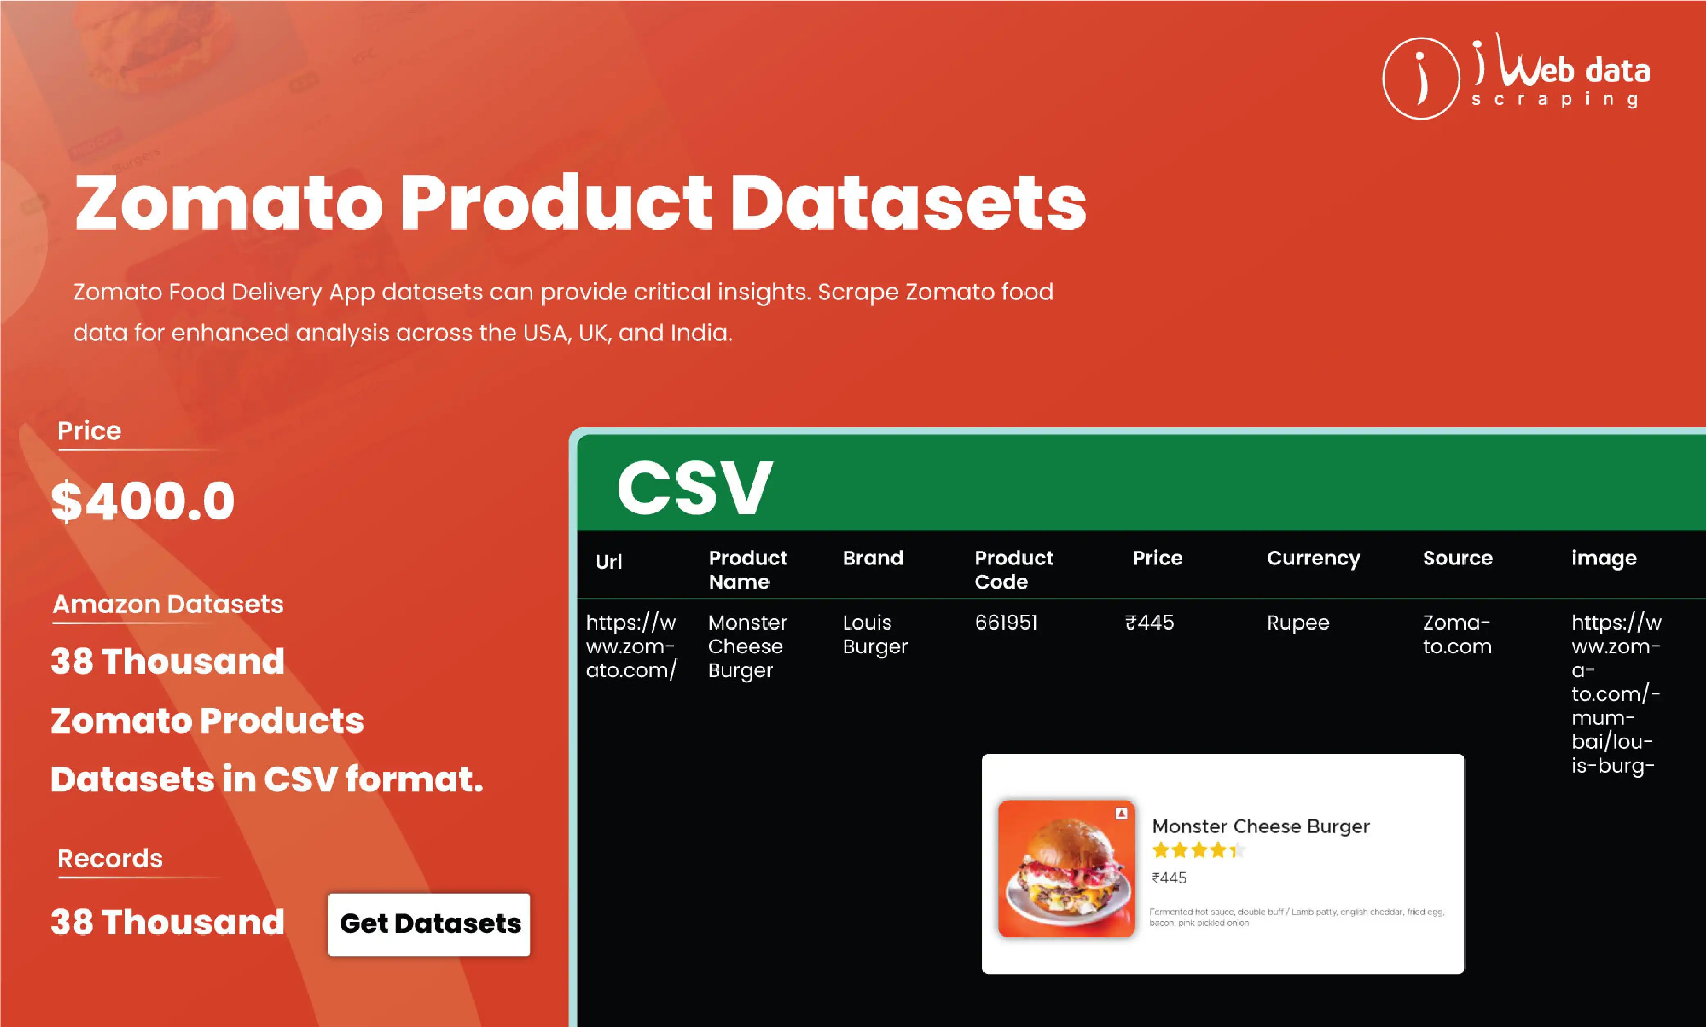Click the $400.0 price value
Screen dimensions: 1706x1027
pyautogui.click(x=143, y=501)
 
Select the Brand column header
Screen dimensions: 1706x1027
pyautogui.click(x=873, y=558)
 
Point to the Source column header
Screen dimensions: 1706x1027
pyautogui.click(x=1457, y=558)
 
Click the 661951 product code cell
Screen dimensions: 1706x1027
pyautogui.click(x=1006, y=623)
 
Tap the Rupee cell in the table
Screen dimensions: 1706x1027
pyautogui.click(x=1298, y=623)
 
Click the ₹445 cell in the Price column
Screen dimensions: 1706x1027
pyautogui.click(x=1150, y=623)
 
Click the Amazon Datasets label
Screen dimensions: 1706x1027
pyautogui.click(x=168, y=604)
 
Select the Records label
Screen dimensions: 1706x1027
pyautogui.click(x=110, y=859)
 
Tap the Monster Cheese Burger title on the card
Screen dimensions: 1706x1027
pyautogui.click(x=1260, y=827)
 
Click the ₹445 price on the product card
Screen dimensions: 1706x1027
pyautogui.click(x=1169, y=878)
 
